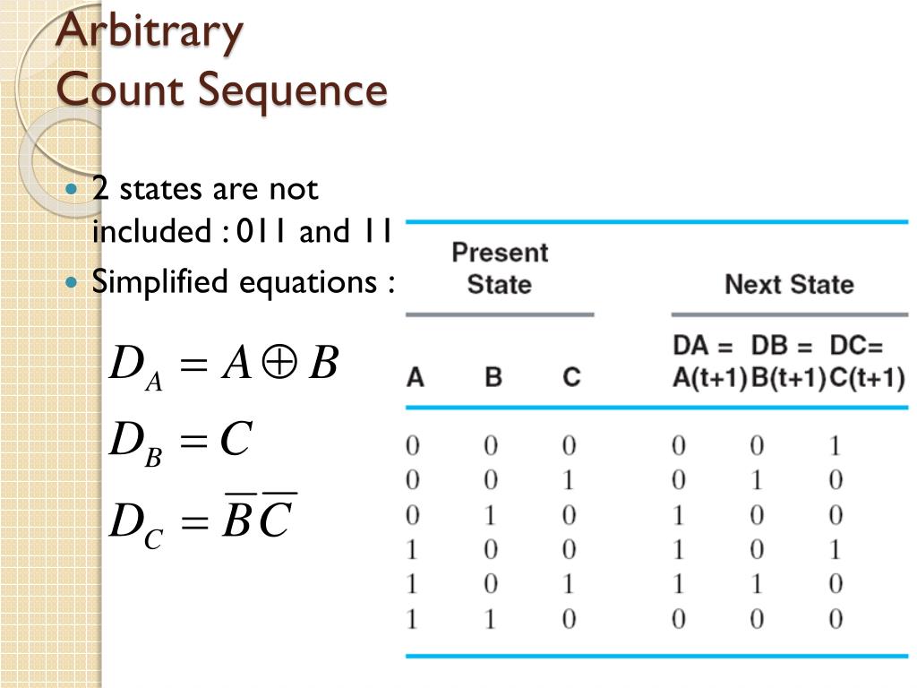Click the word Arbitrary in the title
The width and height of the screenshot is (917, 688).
[150, 33]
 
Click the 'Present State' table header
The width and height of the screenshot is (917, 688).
[500, 268]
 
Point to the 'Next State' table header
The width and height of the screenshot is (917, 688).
[789, 285]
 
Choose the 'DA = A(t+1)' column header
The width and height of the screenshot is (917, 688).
[709, 362]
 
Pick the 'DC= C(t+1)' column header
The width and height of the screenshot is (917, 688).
[866, 362]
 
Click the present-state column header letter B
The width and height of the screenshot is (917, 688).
[493, 377]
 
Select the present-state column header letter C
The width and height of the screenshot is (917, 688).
[571, 377]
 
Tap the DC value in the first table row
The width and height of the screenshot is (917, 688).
[836, 446]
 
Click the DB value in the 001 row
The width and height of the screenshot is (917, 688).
[757, 481]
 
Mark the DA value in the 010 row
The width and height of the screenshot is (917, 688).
[679, 516]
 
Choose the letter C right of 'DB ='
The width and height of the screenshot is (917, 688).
[236, 440]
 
